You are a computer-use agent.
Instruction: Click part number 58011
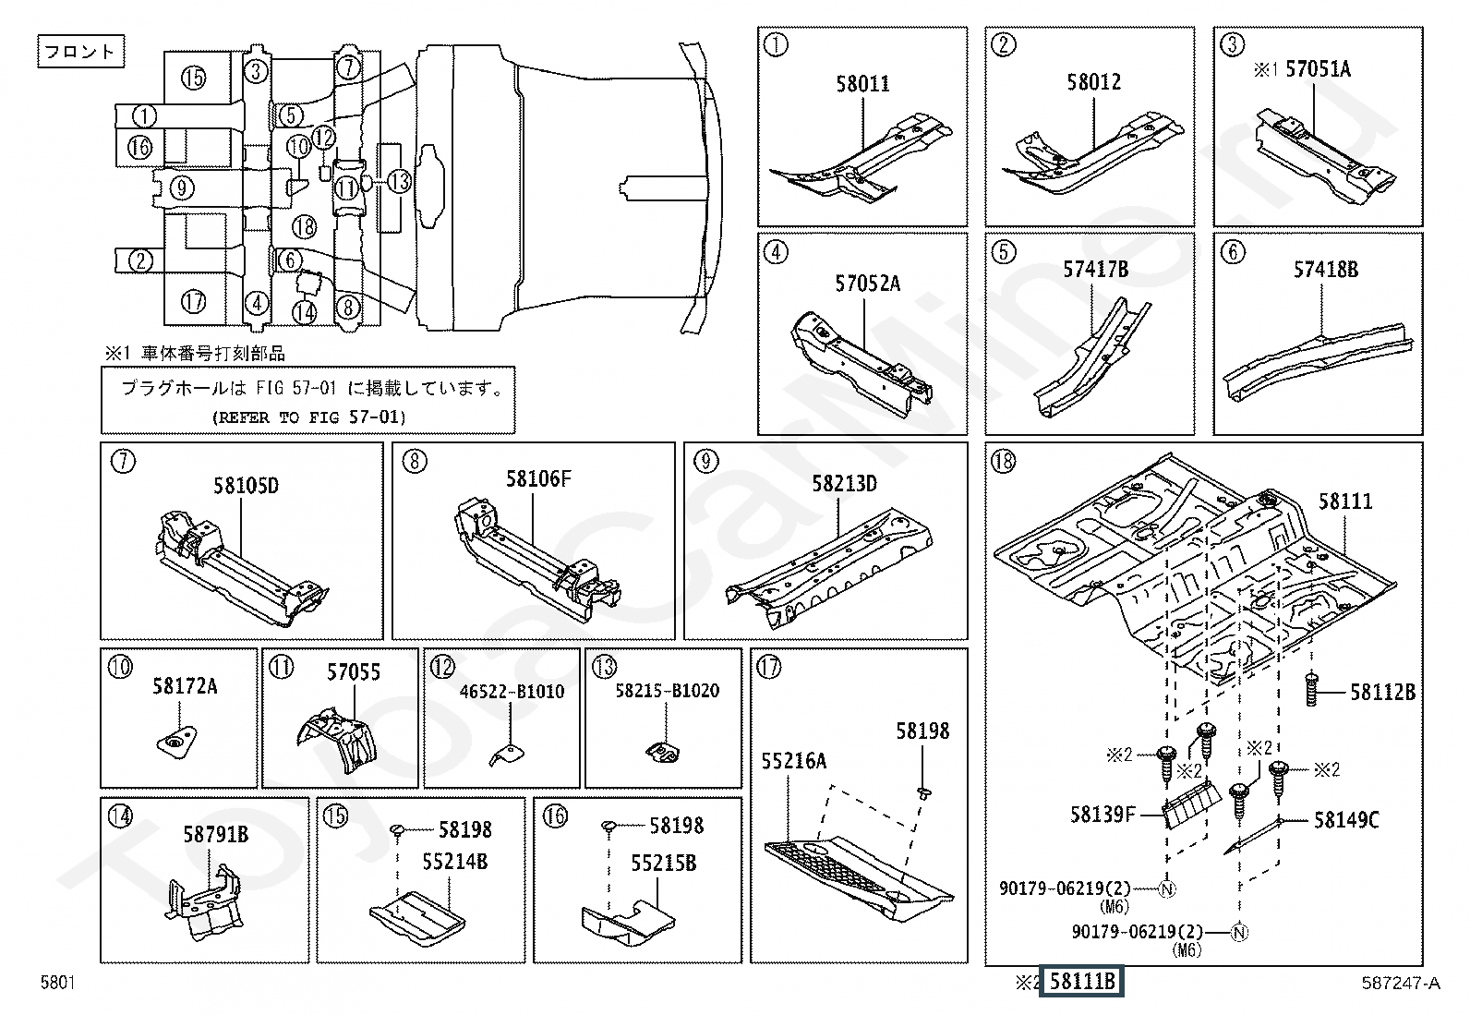pyautogui.click(x=862, y=84)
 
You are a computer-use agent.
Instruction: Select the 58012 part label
pyautogui.click(x=1093, y=82)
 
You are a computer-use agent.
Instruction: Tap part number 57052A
pyautogui.click(x=867, y=284)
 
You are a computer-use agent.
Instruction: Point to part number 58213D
pyautogui.click(x=844, y=484)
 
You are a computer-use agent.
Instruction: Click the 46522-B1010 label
pyautogui.click(x=512, y=692)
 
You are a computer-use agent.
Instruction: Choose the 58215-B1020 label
pyautogui.click(x=668, y=691)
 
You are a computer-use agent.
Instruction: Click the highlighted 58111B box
pyautogui.click(x=1081, y=982)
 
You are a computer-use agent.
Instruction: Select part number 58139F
pyautogui.click(x=1102, y=815)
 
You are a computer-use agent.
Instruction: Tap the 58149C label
pyautogui.click(x=1346, y=820)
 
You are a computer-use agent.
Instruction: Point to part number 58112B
pyautogui.click(x=1381, y=692)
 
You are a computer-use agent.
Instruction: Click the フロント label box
pyautogui.click(x=80, y=52)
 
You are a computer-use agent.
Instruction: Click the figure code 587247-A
pyautogui.click(x=1399, y=984)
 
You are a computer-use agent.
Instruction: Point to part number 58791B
pyautogui.click(x=215, y=835)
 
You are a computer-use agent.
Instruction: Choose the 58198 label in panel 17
pyautogui.click(x=922, y=731)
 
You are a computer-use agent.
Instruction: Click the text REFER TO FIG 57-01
pyautogui.click(x=308, y=417)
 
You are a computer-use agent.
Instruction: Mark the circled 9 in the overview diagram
pyautogui.click(x=182, y=188)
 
